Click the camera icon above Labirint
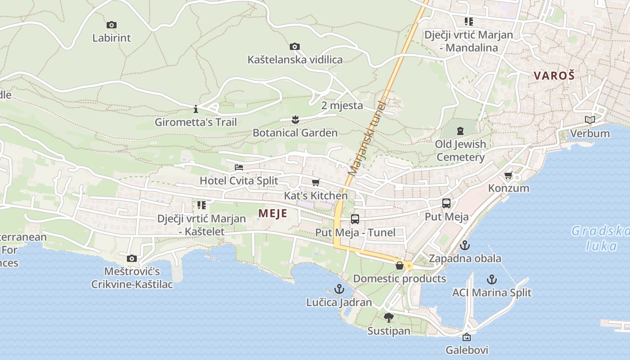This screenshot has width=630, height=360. [112, 25]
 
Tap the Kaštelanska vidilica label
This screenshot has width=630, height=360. [295, 59]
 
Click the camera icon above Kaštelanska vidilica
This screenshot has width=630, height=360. [295, 46]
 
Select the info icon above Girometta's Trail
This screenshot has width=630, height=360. [195, 109]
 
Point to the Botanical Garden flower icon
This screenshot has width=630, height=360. [295, 119]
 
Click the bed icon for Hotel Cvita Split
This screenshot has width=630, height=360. [239, 167]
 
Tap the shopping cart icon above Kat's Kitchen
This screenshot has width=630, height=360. [315, 182]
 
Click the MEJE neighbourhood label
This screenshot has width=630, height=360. [273, 213]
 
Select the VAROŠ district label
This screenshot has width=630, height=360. [554, 76]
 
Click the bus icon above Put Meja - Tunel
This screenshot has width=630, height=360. [355, 219]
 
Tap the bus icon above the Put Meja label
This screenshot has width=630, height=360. [446, 203]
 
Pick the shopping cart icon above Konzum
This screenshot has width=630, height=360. [508, 175]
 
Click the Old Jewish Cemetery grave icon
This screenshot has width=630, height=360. [460, 131]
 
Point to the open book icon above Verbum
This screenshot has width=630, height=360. [589, 120]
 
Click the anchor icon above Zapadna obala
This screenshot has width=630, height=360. [465, 245]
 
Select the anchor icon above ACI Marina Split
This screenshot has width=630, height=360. [492, 279]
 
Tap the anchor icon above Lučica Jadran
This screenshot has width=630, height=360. [339, 289]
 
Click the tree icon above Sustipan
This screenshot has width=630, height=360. [389, 318]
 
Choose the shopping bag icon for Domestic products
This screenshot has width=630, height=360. [399, 265]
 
